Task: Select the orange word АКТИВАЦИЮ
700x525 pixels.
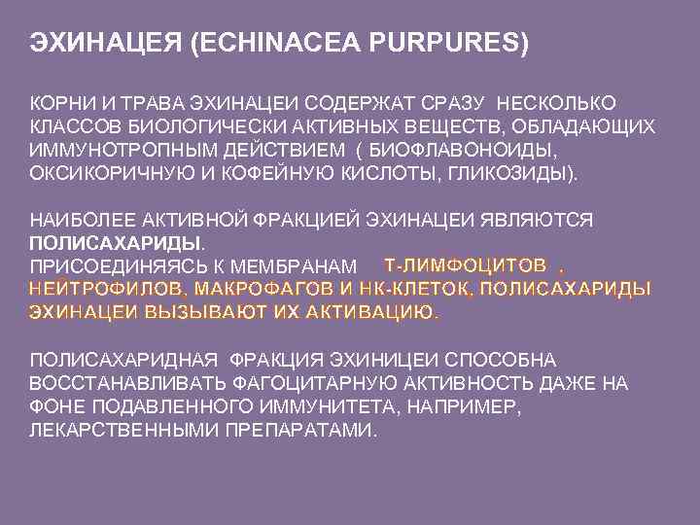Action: coord(368,312)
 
